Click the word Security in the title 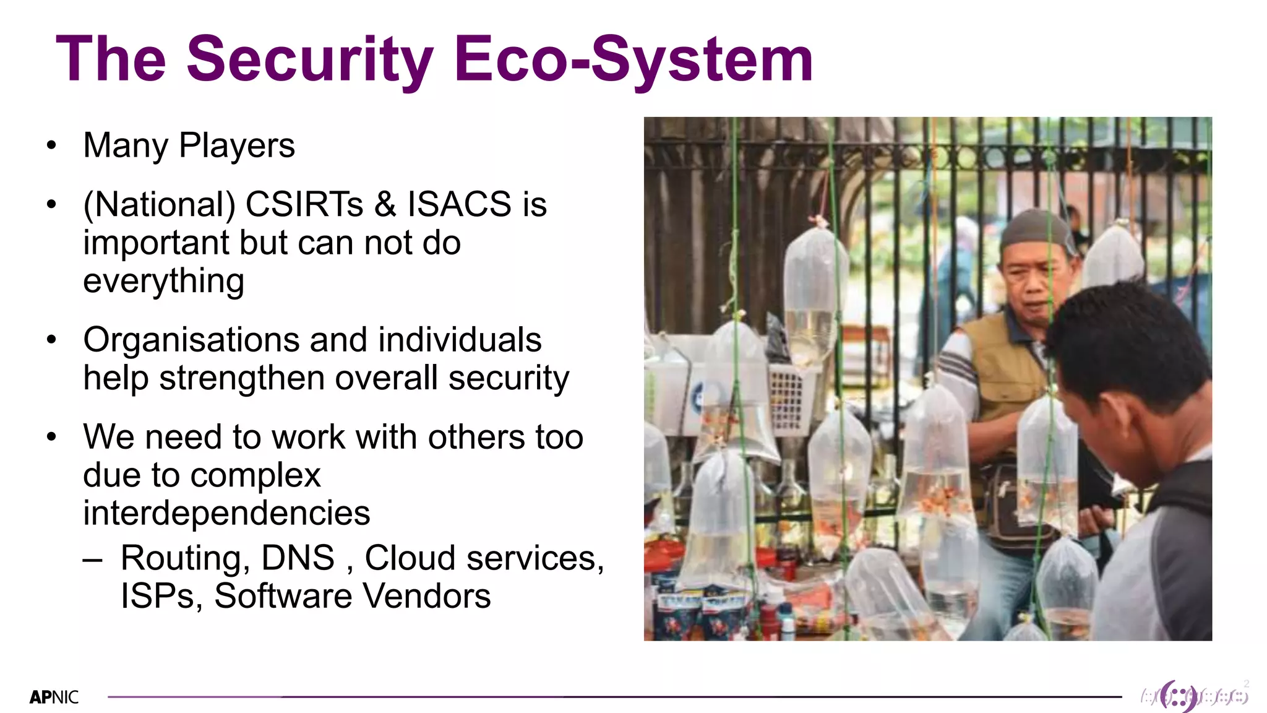pyautogui.click(x=309, y=59)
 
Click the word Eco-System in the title pyautogui.click(x=633, y=59)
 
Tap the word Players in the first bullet pyautogui.click(x=237, y=146)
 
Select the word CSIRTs pyautogui.click(x=304, y=204)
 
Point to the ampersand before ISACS pyautogui.click(x=385, y=204)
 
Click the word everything pyautogui.click(x=164, y=282)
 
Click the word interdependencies pyautogui.click(x=226, y=513)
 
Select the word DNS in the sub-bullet pyautogui.click(x=298, y=558)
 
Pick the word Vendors pyautogui.click(x=427, y=596)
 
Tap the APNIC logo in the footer pyautogui.click(x=54, y=698)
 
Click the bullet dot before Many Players pyautogui.click(x=51, y=146)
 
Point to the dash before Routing pyautogui.click(x=92, y=559)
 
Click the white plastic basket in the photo pyautogui.click(x=787, y=397)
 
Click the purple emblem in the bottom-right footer pyautogui.click(x=1179, y=696)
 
